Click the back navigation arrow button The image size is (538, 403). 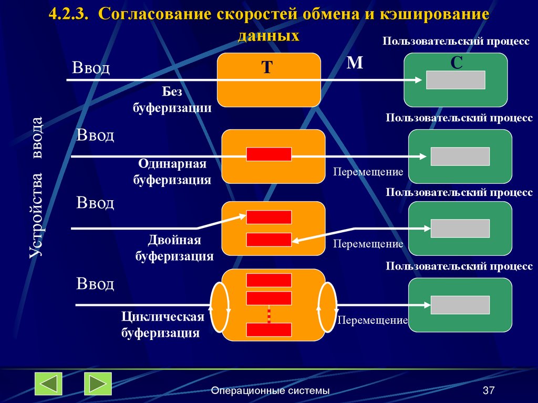point(48,384)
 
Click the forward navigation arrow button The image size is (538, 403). point(98,384)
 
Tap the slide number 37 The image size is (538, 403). point(489,390)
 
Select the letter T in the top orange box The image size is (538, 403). point(267,67)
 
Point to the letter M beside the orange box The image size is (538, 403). point(355,63)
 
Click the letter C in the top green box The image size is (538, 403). point(456,63)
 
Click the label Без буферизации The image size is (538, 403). point(179,100)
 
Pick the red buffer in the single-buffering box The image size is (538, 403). point(269,154)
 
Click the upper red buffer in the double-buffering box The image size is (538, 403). point(269,217)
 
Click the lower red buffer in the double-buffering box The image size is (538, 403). point(269,240)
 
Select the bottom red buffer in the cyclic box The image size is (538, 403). point(269,329)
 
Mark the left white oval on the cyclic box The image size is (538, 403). point(220,307)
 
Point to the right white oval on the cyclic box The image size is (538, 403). point(327,307)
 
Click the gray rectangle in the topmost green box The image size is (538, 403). point(455,80)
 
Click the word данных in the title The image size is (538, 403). point(268,35)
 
